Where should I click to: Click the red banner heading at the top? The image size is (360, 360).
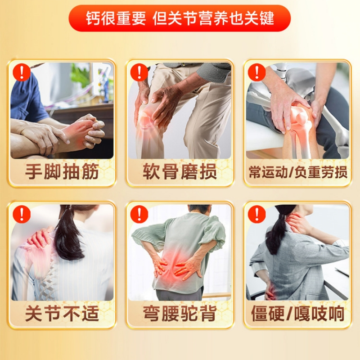tap(180, 18)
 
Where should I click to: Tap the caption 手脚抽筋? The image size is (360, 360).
tap(62, 171)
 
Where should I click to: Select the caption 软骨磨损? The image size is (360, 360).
tap(180, 171)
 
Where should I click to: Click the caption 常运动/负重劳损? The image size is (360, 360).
tap(298, 172)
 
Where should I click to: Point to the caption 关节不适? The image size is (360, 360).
tap(62, 313)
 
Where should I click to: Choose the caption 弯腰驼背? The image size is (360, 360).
tap(180, 313)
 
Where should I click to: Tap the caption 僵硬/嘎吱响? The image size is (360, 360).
tap(298, 313)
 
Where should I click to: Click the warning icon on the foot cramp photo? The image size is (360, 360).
tap(22, 72)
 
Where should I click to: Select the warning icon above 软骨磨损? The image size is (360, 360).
tap(139, 72)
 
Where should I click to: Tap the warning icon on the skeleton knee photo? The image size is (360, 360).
tap(257, 72)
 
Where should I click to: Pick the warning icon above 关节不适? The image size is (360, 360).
tap(22, 214)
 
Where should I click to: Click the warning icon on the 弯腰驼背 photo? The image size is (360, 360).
tap(139, 214)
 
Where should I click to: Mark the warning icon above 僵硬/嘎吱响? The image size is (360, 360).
tap(257, 214)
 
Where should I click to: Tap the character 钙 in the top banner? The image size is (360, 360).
tap(93, 18)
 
